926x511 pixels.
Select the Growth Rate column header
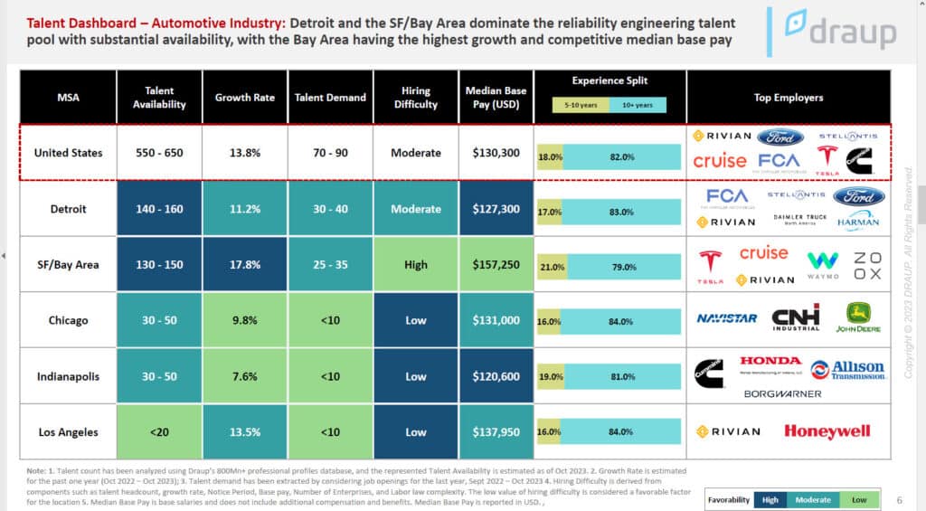245,98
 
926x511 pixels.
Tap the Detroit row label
69,209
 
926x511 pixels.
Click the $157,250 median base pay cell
496,265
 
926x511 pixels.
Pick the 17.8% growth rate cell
245,265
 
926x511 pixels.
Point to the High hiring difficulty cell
416,265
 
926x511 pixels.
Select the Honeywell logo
827,431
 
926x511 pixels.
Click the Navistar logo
727,318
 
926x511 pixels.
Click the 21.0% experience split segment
553,267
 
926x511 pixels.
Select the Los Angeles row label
69,431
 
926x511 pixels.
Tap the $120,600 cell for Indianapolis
496,376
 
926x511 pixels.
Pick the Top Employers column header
788,98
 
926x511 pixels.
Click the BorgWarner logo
782,393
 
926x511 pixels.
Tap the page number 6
899,500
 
